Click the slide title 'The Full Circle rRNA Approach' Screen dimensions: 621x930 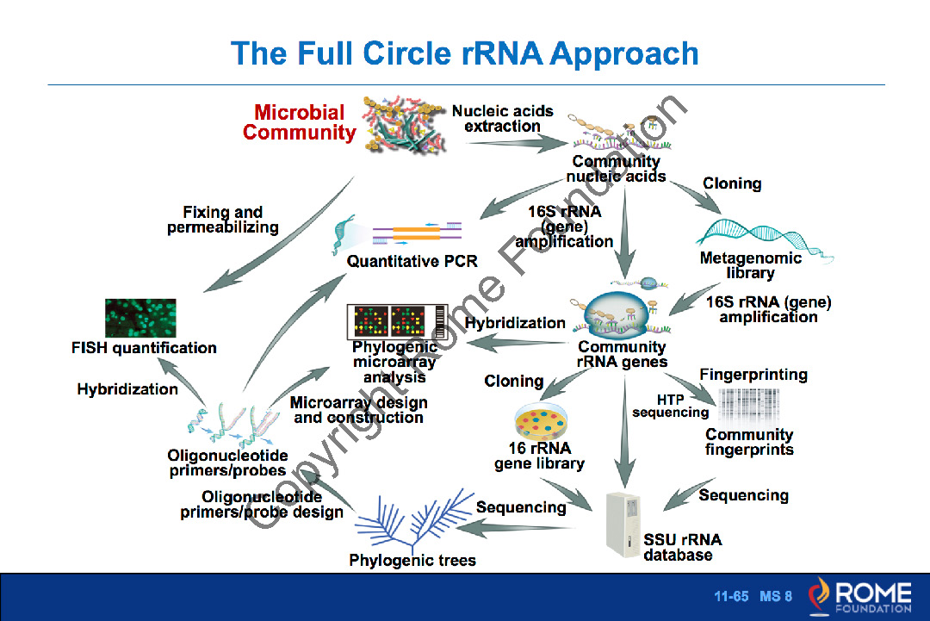464,53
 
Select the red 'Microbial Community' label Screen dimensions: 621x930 299,122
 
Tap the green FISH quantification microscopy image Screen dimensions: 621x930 140,319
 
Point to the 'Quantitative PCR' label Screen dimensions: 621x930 412,260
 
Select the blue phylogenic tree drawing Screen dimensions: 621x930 412,521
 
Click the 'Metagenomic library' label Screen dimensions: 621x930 750,265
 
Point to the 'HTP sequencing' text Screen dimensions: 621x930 671,406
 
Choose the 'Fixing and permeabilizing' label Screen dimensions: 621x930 223,220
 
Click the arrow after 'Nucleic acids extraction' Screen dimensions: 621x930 512,143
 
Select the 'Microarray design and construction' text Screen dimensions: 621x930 358,410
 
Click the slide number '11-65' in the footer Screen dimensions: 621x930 732,596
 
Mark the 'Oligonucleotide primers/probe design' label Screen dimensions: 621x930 262,505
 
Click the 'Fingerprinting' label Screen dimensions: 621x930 753,375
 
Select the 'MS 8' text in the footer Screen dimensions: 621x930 776,596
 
